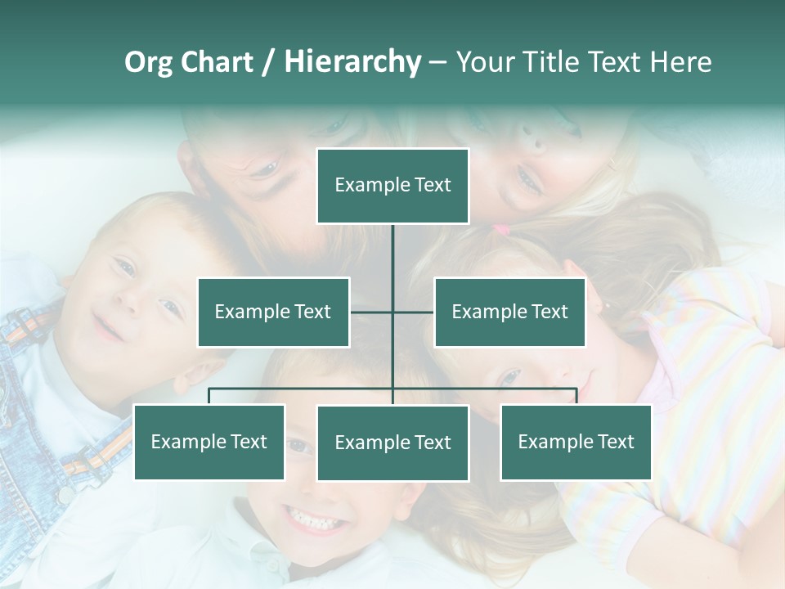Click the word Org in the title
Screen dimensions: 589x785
click(x=148, y=62)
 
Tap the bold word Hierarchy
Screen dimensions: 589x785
click(x=352, y=62)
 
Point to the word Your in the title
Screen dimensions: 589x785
click(x=486, y=62)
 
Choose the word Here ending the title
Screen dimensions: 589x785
click(x=680, y=62)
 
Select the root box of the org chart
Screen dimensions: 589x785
click(x=392, y=186)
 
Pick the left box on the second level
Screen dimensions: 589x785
click(x=273, y=312)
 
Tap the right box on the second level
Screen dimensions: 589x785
click(x=509, y=312)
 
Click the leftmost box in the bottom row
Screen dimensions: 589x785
click(x=209, y=443)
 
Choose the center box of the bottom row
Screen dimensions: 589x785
click(x=392, y=443)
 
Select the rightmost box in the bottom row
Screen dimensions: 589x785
click(x=576, y=443)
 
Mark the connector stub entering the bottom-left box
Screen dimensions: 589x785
click(x=209, y=396)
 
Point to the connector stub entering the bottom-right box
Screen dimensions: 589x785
click(x=576, y=396)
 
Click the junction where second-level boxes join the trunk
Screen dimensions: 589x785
click(x=392, y=312)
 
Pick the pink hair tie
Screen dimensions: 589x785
click(x=500, y=231)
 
